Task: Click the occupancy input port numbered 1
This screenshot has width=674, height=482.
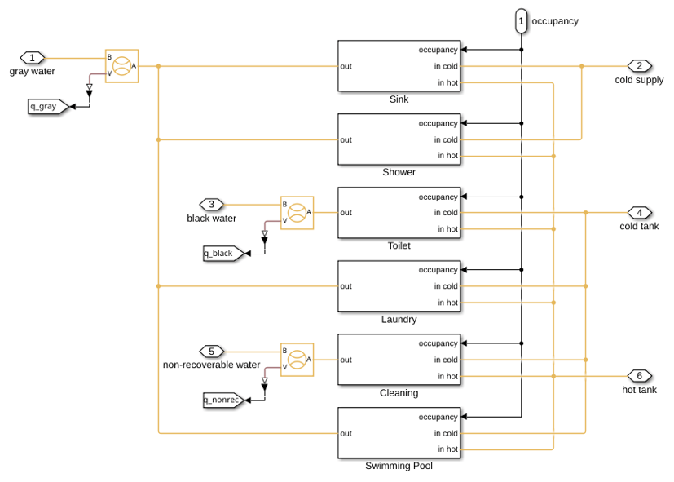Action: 521,21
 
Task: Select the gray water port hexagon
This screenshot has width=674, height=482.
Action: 33,58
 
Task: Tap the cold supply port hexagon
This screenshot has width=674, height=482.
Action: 639,66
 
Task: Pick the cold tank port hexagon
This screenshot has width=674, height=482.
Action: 639,212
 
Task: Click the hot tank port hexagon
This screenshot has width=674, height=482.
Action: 639,376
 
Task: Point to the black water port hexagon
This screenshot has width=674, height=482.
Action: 211,204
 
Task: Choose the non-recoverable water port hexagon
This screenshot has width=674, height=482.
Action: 211,352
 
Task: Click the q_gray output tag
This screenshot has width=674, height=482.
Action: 48,106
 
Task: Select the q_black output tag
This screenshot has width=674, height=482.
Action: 223,254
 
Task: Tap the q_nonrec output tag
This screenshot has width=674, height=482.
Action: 223,400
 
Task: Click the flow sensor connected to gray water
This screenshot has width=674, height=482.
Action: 121,66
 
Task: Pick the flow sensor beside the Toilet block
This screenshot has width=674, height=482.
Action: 297,213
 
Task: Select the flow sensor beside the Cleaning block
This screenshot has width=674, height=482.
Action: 297,360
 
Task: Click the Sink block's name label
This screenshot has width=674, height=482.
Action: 399,99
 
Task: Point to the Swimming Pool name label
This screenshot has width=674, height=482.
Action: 399,466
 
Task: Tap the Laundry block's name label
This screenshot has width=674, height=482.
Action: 399,319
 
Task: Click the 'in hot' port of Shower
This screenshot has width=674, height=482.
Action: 447,156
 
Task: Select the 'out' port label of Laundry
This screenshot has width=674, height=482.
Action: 346,286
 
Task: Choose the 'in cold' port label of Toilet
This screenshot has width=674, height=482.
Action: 446,212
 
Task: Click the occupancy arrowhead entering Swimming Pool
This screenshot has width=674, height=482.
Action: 464,417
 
